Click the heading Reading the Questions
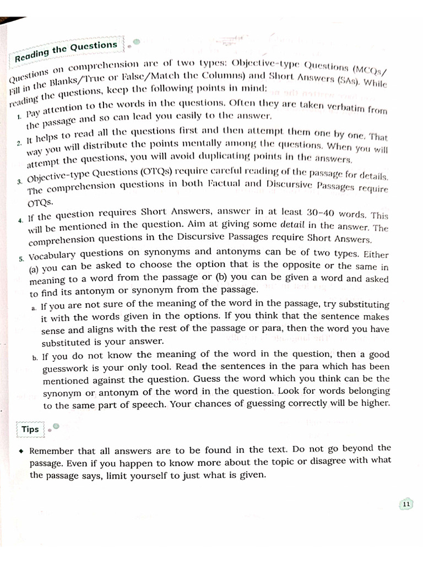point(66,51)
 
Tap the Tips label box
point(31,429)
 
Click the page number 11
point(406,504)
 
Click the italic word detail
point(292,225)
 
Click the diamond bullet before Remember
point(20,451)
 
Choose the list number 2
point(19,143)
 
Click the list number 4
point(20,220)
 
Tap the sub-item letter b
point(35,357)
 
